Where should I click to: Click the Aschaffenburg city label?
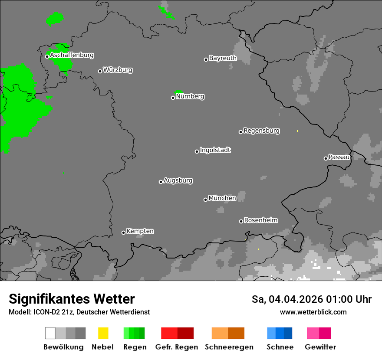tap(72, 56)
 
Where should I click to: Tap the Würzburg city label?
tap(118, 70)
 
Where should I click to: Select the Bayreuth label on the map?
tap(223, 58)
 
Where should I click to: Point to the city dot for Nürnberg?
tap(173, 98)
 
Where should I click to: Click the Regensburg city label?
tap(261, 131)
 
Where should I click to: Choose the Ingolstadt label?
tap(215, 150)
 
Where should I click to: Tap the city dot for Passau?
tap(326, 158)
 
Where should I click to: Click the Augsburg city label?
tap(178, 180)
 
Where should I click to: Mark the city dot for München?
tap(205, 200)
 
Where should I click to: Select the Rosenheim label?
tap(260, 220)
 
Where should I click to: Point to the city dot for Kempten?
tap(123, 232)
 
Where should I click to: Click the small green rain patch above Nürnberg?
tap(178, 92)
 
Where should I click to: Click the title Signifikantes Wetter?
tap(72, 299)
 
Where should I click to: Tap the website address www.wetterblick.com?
tap(313, 312)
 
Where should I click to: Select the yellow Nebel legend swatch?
tap(103, 333)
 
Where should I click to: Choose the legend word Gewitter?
tap(320, 347)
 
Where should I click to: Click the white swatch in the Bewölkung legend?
tap(50, 333)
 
